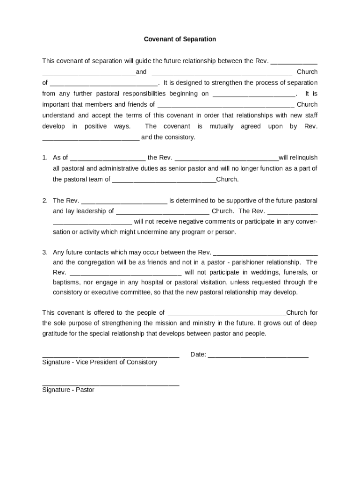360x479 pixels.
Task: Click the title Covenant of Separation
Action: [x=180, y=39]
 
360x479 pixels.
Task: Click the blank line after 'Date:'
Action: [x=258, y=355]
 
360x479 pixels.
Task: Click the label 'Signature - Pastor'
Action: [x=68, y=390]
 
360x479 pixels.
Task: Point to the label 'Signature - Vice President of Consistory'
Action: [x=100, y=362]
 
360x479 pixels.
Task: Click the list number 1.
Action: [x=45, y=158]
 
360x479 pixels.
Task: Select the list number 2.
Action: [x=45, y=201]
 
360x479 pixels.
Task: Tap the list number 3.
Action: [x=45, y=253]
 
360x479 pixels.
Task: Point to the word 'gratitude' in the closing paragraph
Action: [x=56, y=334]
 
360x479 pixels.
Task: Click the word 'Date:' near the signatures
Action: [x=198, y=355]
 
